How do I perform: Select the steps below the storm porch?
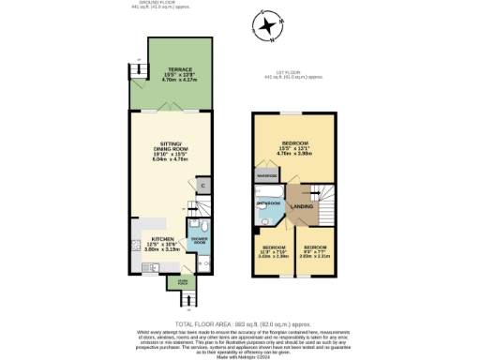click(188, 299)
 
